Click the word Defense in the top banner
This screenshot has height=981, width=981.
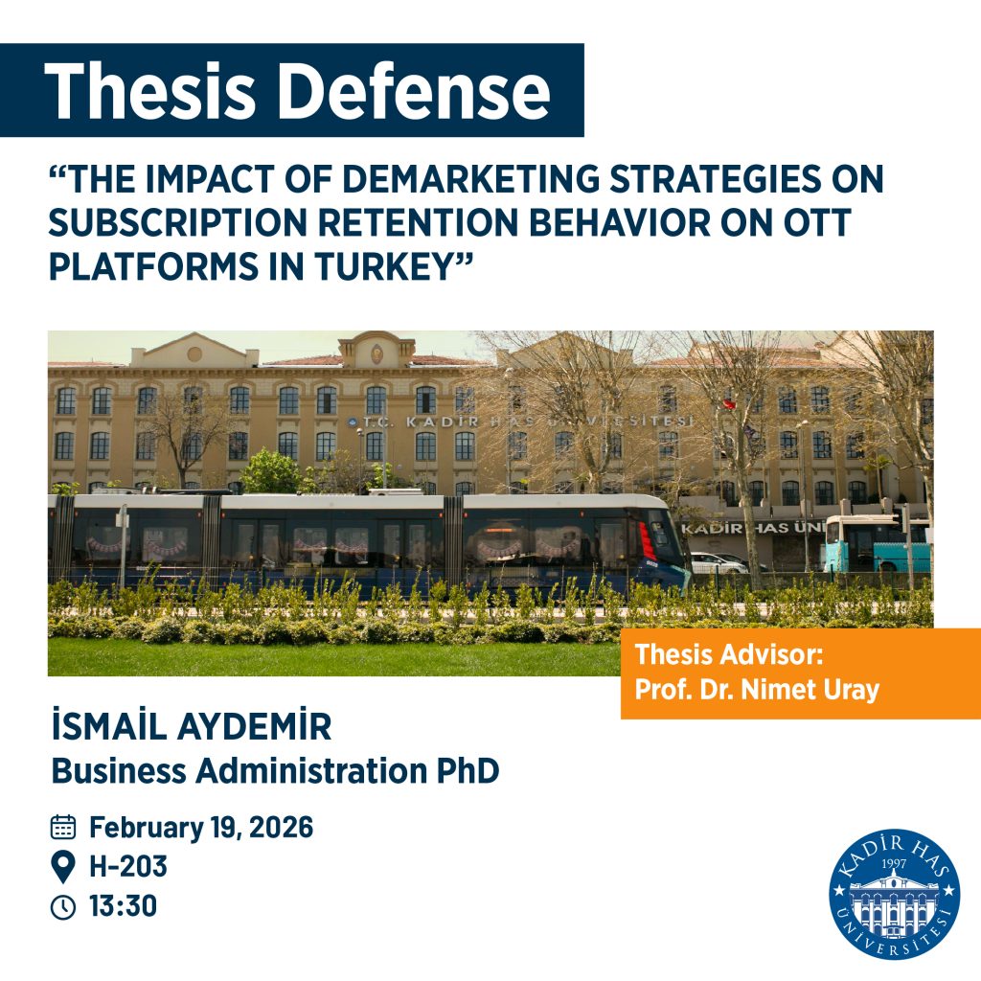pos(415,92)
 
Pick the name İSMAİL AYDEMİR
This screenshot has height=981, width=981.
pos(191,728)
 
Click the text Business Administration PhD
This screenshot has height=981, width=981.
pos(275,770)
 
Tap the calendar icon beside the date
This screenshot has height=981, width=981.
pos(63,828)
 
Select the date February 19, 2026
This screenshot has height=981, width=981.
pos(201,828)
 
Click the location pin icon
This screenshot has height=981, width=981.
pos(63,868)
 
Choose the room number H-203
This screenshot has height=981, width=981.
pos(128,868)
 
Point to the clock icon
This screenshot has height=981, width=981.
pos(63,907)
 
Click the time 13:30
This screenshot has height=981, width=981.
pos(123,906)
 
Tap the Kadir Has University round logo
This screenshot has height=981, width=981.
pos(895,895)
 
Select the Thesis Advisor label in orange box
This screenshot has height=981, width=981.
pos(729,656)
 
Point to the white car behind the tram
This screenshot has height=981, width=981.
pos(717,562)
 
